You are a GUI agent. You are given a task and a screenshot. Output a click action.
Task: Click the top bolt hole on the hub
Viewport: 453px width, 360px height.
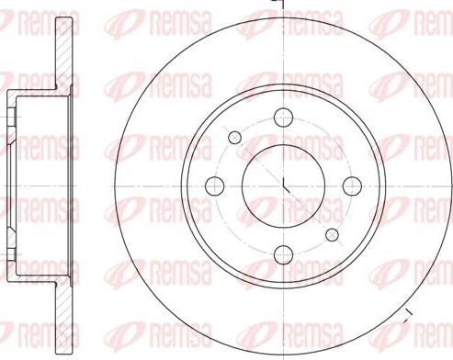pyautogui.click(x=284, y=117)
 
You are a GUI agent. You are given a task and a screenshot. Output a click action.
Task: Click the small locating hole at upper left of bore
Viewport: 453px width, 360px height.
pyautogui.click(x=235, y=137)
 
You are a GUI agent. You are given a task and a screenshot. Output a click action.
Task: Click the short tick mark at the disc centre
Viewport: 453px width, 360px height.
pyautogui.click(x=286, y=186)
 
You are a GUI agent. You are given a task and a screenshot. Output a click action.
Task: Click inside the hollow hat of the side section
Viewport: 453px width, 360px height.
pyautogui.click(x=41, y=147)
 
